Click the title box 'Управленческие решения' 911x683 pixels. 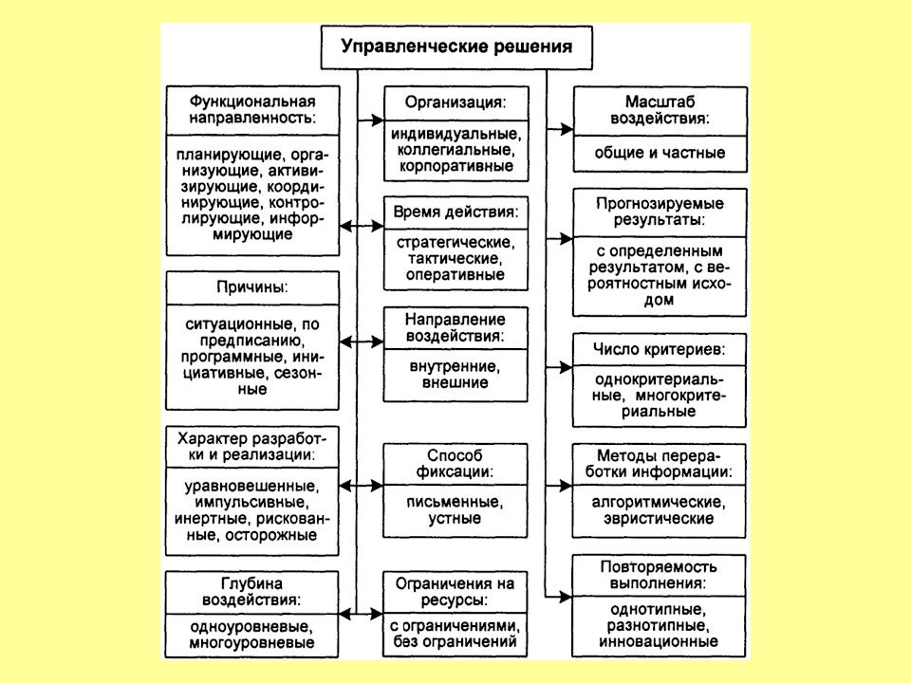coord(456,47)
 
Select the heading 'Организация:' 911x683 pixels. coord(455,102)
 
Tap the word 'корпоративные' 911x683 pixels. coord(456,166)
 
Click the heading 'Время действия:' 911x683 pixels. coord(455,212)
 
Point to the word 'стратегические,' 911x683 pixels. coord(455,242)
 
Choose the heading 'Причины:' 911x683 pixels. coord(252,286)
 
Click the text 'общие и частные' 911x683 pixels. coord(660,153)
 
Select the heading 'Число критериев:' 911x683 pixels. coord(659,349)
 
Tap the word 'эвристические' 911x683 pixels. coord(659,518)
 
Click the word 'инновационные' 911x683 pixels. coord(659,642)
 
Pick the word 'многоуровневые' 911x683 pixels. coord(251,643)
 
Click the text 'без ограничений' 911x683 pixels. coord(455,641)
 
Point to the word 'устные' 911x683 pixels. coord(455,518)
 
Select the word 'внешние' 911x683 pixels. coord(455,382)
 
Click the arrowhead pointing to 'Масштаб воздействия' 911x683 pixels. coord(567,129)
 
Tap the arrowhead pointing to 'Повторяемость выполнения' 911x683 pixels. coord(566,597)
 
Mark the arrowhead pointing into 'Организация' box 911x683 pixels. coord(377,120)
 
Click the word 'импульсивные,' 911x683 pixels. coord(251,503)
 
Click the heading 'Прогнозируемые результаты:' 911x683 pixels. coord(660,212)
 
